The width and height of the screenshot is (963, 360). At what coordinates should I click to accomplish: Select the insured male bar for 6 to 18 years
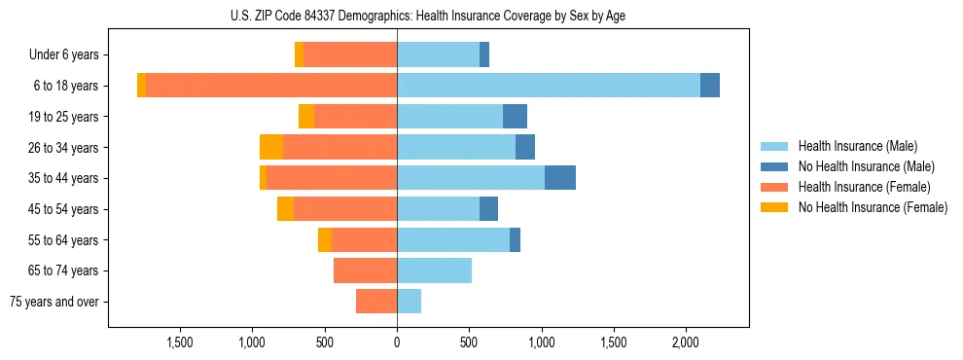(x=549, y=86)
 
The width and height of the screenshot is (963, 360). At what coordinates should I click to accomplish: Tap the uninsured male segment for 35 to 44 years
(x=560, y=178)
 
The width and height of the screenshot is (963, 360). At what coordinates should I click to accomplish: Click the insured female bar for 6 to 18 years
(x=271, y=86)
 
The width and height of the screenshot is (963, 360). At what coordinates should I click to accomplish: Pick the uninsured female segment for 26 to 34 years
(x=271, y=147)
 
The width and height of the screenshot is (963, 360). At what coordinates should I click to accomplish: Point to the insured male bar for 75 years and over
(x=409, y=302)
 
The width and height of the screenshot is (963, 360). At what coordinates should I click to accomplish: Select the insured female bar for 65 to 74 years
(x=365, y=270)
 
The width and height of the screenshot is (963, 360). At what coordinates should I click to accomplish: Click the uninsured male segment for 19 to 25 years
(x=515, y=117)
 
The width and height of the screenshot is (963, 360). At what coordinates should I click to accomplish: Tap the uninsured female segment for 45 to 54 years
(x=285, y=209)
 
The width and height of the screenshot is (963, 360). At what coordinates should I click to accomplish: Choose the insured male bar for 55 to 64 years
(x=453, y=239)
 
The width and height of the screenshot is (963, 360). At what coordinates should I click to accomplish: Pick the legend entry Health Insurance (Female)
(x=861, y=187)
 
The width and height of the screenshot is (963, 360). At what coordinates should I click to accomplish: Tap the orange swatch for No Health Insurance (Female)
(x=774, y=207)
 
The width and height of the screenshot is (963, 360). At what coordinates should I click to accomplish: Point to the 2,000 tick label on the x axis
(x=686, y=342)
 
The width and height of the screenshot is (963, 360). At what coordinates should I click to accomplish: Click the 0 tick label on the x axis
(x=397, y=342)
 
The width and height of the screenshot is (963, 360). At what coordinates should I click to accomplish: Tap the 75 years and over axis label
(x=54, y=302)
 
